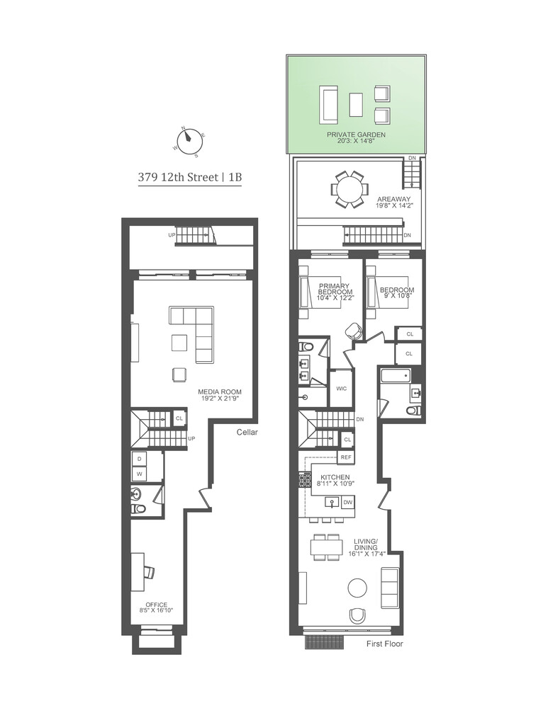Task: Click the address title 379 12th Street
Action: (x=189, y=178)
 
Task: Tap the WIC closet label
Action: (x=341, y=389)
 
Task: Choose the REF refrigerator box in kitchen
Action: (x=346, y=457)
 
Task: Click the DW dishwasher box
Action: (x=347, y=502)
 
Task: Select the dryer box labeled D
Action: (x=140, y=458)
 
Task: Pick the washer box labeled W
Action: (x=140, y=474)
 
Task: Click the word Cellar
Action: (x=247, y=432)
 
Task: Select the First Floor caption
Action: (x=385, y=644)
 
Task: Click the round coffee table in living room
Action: (x=357, y=588)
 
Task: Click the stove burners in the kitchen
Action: (x=303, y=480)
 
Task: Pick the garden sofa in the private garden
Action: (x=329, y=105)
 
